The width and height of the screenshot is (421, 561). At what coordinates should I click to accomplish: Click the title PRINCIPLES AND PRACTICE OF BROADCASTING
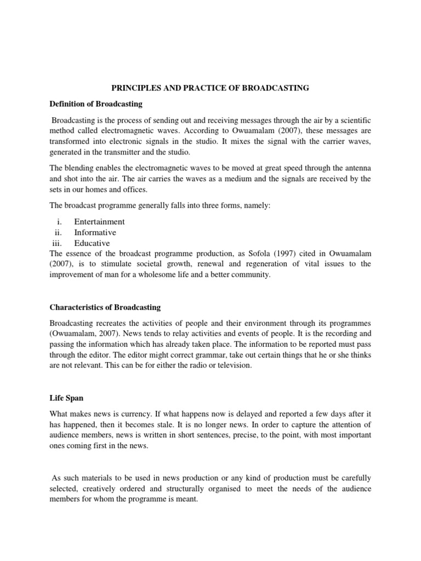[210, 88]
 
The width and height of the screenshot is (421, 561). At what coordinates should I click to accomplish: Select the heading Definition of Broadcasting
[96, 104]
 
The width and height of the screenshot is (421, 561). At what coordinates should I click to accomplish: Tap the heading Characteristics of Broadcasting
[105, 307]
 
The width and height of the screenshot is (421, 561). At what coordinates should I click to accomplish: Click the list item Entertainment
[99, 221]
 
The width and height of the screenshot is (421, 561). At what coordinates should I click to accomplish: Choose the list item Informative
[95, 232]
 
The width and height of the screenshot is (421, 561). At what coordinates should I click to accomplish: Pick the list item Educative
[92, 243]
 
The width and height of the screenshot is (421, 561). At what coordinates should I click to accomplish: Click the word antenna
[356, 168]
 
